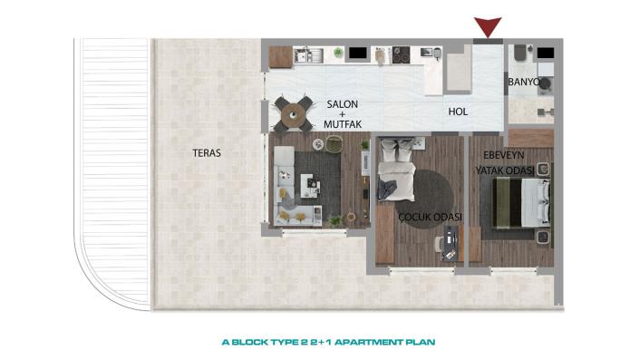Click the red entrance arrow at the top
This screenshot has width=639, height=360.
[489, 28]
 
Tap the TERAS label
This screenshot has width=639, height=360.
[207, 153]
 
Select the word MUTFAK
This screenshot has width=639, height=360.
[343, 128]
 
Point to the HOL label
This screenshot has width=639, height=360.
[459, 112]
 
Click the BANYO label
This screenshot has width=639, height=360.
[523, 83]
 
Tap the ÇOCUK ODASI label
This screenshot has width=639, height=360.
[431, 218]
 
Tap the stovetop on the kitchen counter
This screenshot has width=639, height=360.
[399, 56]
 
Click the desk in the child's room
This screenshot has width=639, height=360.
[448, 243]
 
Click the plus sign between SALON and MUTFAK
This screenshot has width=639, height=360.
[343, 116]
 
